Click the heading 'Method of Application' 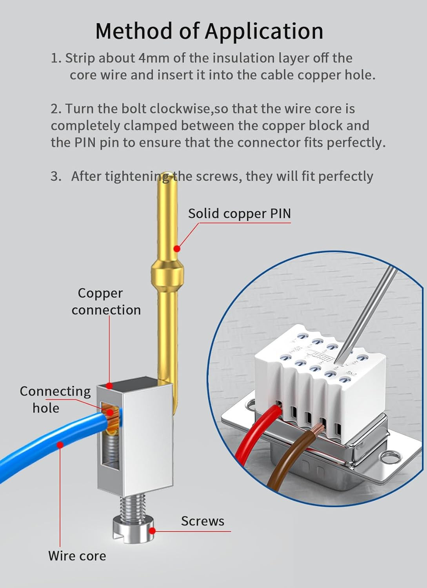click(x=209, y=31)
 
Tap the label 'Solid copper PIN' click(x=239, y=214)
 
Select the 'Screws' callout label click(x=202, y=521)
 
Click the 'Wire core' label click(x=77, y=555)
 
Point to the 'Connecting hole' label click(x=55, y=399)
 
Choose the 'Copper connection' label click(x=106, y=301)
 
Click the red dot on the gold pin click(x=177, y=249)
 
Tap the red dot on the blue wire click(x=60, y=445)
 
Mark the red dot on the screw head click(x=153, y=531)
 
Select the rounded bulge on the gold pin click(x=167, y=270)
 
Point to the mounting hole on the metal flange click(x=390, y=456)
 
